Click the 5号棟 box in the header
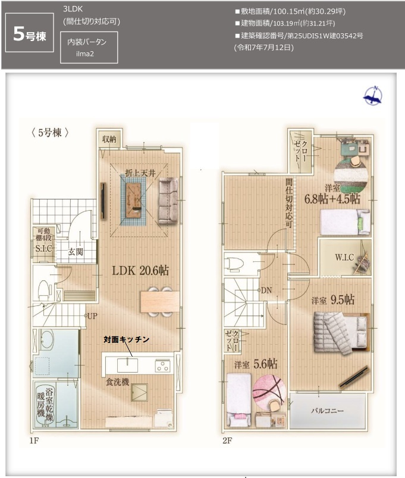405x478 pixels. click(29, 35)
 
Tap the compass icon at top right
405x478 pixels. click(373, 96)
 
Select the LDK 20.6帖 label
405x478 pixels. click(141, 270)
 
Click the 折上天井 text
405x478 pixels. click(140, 173)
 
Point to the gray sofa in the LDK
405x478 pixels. click(168, 201)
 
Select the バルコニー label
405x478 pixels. click(327, 411)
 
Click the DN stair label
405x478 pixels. click(266, 290)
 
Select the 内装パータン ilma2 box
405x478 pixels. click(89, 47)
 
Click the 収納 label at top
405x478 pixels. click(109, 139)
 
